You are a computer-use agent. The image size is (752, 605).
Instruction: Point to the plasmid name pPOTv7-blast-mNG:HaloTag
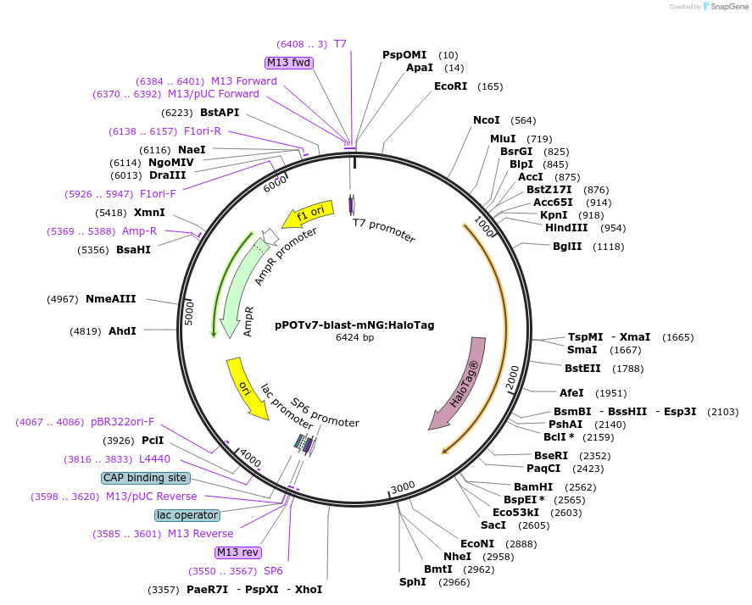pos(354,324)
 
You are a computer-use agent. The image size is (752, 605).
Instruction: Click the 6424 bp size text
pos(354,337)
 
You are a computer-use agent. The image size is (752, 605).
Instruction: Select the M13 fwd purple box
pos(289,63)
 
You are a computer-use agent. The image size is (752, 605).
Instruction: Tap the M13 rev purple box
pos(238,552)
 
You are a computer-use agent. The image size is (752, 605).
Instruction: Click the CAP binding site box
pos(145,478)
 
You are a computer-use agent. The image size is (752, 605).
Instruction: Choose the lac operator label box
pos(187,515)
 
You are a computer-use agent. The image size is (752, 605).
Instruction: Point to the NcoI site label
pos(487,120)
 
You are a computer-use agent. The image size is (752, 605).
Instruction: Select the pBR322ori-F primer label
pos(122,422)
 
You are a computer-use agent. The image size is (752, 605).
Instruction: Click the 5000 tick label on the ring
pos(189,312)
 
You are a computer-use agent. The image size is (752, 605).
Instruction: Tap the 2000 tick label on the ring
pos(512,380)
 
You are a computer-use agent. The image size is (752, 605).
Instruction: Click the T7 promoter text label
pos(384,230)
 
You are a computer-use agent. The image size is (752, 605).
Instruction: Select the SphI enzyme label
pos(413,582)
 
